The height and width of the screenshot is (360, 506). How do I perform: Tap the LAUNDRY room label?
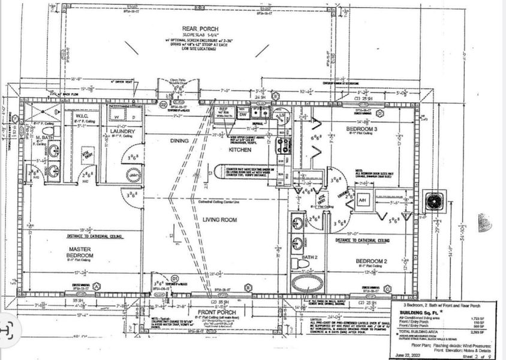click(x=122, y=131)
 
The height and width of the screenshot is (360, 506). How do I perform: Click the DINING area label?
click(x=179, y=140)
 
